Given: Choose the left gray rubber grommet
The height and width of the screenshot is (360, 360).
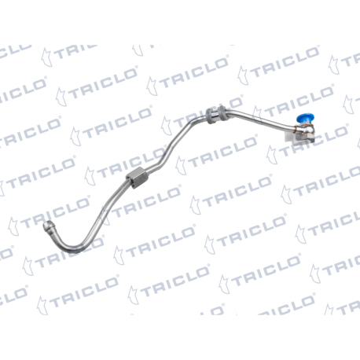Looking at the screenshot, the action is click(210, 116).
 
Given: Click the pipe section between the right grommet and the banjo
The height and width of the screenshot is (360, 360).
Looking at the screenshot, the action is click(259, 119).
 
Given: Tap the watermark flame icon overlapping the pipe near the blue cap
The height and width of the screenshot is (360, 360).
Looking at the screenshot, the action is click(259, 116).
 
